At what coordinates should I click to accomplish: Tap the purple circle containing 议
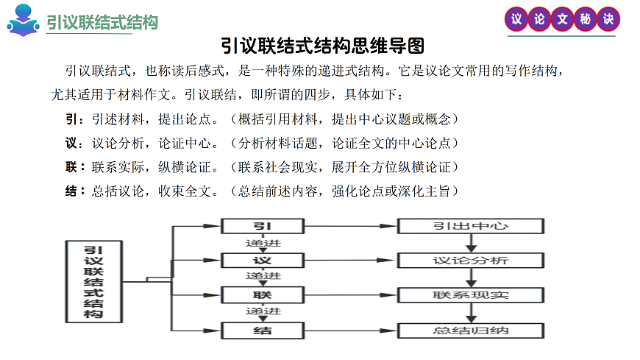coord(517,20)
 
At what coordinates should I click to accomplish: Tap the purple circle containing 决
coord(608,20)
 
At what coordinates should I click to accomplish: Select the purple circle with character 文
coord(563,20)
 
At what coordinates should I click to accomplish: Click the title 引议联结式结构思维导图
coord(323,46)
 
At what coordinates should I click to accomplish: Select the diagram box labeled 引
coord(263,225)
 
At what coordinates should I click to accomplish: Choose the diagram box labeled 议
coord(263,261)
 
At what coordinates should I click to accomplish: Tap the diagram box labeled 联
coord(263,295)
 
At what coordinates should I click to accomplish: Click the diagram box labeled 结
coord(263,330)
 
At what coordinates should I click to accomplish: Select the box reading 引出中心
coord(471,225)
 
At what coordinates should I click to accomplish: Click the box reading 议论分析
coord(471,261)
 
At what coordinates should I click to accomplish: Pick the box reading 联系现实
coord(471,295)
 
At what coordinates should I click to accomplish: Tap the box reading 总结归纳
coord(471,330)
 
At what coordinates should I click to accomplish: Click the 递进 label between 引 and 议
coord(263,243)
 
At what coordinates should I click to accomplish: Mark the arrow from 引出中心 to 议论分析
coord(471,243)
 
